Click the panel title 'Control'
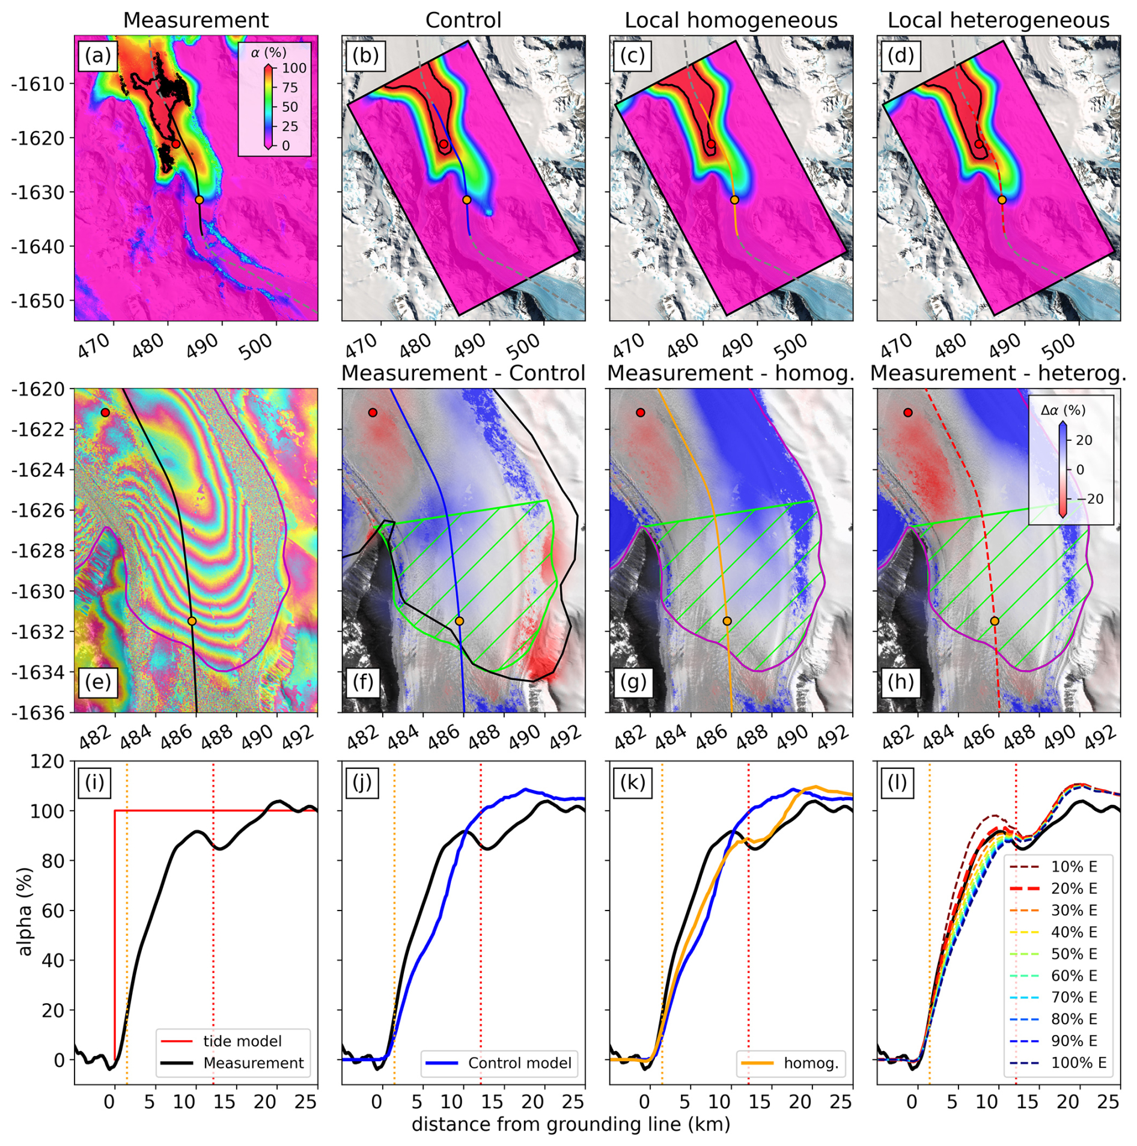463,20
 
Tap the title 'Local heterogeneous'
998,20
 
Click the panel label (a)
98,55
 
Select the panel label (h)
900,682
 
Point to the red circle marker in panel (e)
105,413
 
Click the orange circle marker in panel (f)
460,621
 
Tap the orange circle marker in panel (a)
199,200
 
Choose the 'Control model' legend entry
519,1063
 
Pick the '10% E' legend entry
1073,867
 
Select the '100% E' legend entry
1078,1063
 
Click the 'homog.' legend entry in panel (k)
811,1063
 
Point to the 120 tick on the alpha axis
50,762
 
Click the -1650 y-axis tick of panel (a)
37,301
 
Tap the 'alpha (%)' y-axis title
25,911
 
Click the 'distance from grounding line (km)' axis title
570,1124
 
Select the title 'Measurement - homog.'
730,374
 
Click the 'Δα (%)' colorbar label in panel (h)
1062,411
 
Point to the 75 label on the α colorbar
290,88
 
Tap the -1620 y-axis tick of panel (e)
37,389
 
